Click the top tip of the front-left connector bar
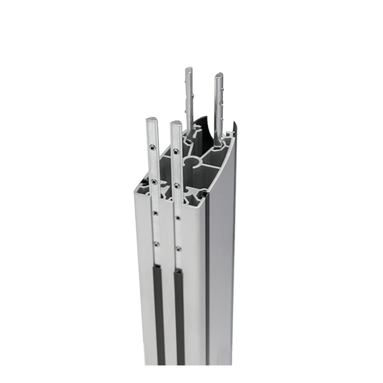(152, 120)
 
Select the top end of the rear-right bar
(219, 75)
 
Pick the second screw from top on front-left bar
(154, 182)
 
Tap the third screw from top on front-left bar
(155, 213)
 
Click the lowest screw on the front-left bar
(156, 244)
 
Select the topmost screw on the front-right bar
(176, 151)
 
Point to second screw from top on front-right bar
(177, 186)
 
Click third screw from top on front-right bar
(178, 218)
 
